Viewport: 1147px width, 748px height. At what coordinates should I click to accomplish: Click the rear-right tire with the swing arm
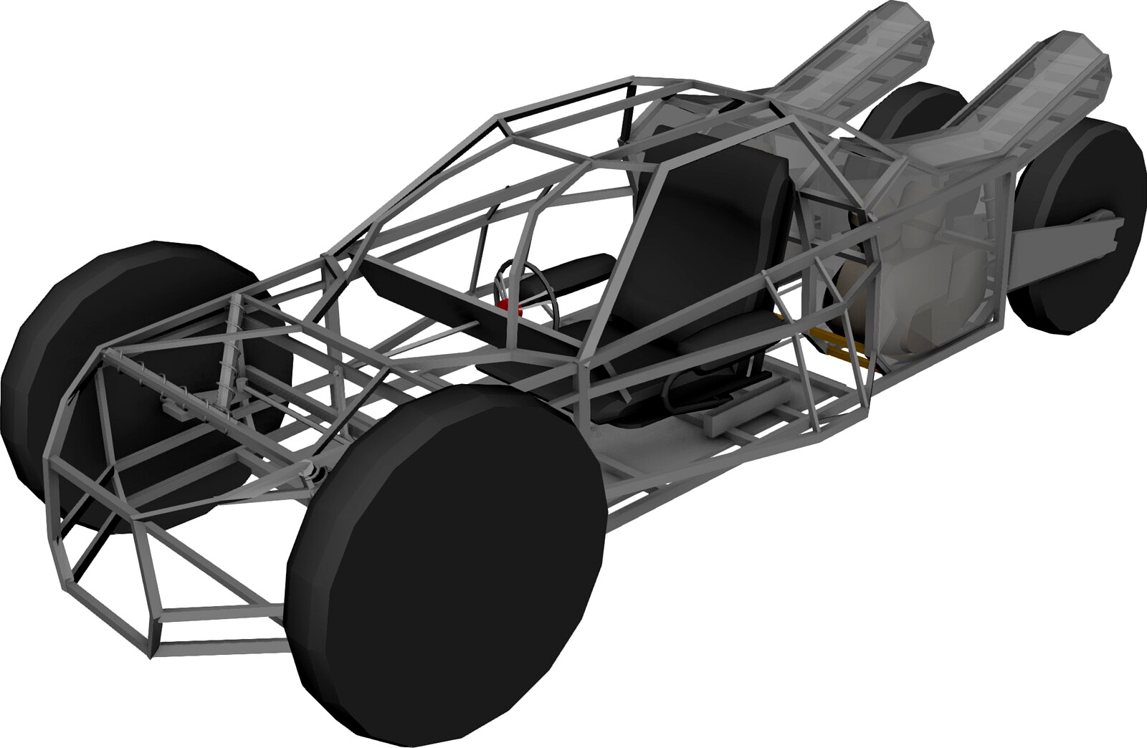point(1082,229)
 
